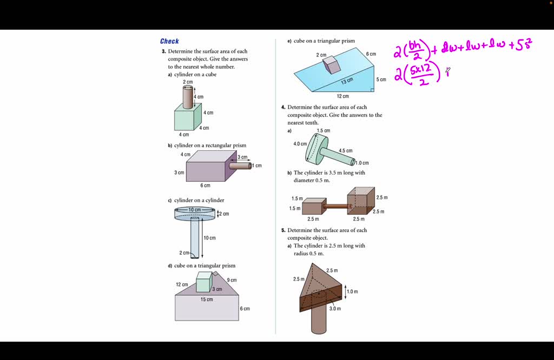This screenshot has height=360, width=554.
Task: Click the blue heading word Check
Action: [169, 41]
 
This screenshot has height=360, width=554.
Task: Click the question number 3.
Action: [163, 51]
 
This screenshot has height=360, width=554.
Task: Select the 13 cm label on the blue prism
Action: [347, 81]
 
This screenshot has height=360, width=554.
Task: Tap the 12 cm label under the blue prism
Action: [342, 96]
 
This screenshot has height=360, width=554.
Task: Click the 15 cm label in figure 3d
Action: [207, 299]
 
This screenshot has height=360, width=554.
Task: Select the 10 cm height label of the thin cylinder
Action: [209, 238]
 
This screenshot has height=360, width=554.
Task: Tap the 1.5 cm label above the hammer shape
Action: [324, 131]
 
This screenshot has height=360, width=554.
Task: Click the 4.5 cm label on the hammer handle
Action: [345, 151]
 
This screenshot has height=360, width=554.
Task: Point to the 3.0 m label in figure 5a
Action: [335, 309]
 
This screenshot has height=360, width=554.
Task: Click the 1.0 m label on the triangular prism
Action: [352, 291]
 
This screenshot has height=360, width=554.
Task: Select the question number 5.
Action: [283, 230]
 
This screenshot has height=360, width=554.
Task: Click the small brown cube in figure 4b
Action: [312, 206]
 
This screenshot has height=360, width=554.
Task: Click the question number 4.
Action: [283, 107]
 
